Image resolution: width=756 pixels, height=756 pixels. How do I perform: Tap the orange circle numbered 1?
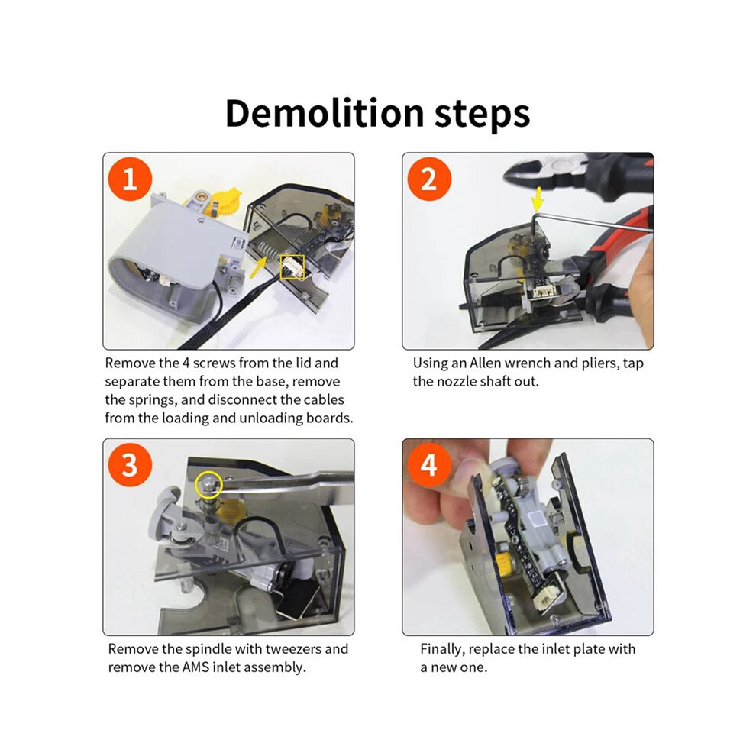click(130, 179)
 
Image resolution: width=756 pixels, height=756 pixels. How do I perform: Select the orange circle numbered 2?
click(429, 179)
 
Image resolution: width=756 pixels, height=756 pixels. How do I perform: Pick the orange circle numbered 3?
click(130, 465)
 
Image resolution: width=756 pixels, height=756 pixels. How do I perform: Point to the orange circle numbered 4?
click(429, 465)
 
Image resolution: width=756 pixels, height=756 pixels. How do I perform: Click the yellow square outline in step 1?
click(292, 267)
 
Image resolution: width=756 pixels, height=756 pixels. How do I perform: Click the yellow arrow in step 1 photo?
click(258, 267)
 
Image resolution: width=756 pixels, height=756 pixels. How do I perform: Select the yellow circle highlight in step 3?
click(208, 484)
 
